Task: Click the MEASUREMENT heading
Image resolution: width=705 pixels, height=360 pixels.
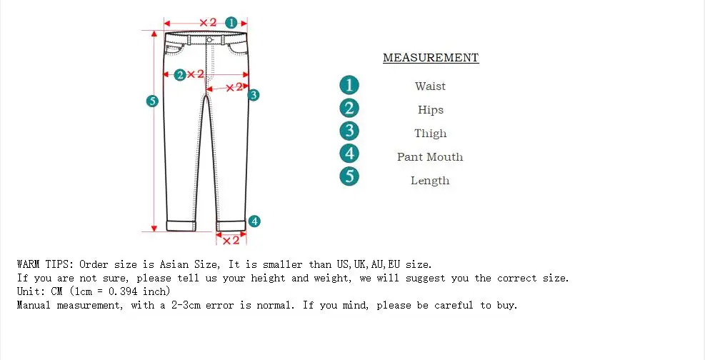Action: (x=431, y=58)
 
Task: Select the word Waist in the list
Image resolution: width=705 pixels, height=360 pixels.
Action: (x=430, y=86)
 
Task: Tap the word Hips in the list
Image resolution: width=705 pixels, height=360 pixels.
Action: (x=431, y=110)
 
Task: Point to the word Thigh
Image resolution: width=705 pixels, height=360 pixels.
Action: (x=430, y=134)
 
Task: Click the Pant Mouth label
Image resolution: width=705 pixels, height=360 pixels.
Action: (x=430, y=157)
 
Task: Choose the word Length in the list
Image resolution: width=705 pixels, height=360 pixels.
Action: (x=430, y=181)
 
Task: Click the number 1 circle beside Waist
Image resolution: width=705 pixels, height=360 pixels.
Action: (x=349, y=86)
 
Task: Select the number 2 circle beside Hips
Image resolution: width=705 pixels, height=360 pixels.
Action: (x=349, y=109)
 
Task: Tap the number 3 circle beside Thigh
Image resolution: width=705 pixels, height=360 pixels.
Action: (x=349, y=131)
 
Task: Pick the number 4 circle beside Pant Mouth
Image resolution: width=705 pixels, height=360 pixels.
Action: (x=349, y=154)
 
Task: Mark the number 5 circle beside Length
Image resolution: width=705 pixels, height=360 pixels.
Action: (x=349, y=176)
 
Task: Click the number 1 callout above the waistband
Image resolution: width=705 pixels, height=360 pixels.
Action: (x=231, y=22)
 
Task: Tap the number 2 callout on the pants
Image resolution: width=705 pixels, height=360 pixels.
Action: (x=180, y=74)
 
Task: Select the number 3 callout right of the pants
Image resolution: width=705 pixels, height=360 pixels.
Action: (x=254, y=94)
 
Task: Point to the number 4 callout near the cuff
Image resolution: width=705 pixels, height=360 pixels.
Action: (x=254, y=221)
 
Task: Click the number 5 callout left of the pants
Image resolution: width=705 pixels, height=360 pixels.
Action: (x=151, y=101)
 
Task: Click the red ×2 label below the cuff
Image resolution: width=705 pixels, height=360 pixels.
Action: (x=231, y=241)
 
